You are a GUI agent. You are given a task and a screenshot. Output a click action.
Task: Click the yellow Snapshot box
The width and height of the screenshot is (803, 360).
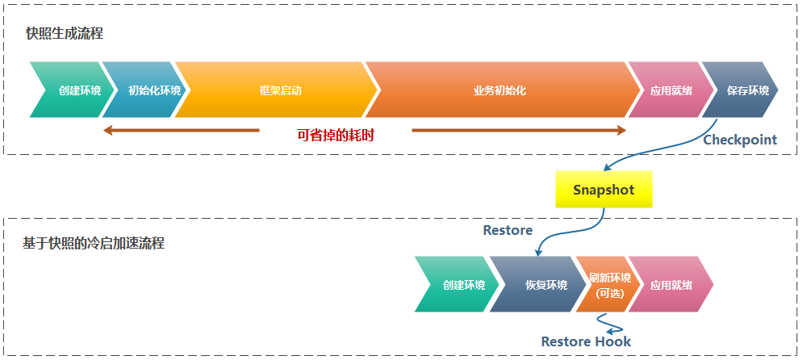pos(604,190)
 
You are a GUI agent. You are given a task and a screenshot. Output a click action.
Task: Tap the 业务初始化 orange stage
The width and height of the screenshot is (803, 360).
pos(499,90)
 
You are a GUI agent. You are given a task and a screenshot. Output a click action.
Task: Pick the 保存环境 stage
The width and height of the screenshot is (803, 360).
pos(747,90)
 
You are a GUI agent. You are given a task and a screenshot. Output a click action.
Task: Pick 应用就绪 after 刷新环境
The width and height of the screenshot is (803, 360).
pos(671,285)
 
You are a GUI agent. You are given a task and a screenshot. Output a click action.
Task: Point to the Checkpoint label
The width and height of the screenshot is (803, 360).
pos(740,140)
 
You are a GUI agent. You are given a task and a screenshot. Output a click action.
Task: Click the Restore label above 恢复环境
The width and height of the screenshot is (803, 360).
pos(508,230)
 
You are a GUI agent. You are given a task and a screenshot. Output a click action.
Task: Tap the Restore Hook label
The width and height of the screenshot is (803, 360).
pos(586,341)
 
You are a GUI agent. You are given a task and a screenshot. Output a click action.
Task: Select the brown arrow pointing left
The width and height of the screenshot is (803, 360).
pos(182,130)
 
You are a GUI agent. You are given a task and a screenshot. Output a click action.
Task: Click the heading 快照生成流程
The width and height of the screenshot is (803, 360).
pos(65,34)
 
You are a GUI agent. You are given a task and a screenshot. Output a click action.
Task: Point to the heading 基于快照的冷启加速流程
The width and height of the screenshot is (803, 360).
pos(94,243)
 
